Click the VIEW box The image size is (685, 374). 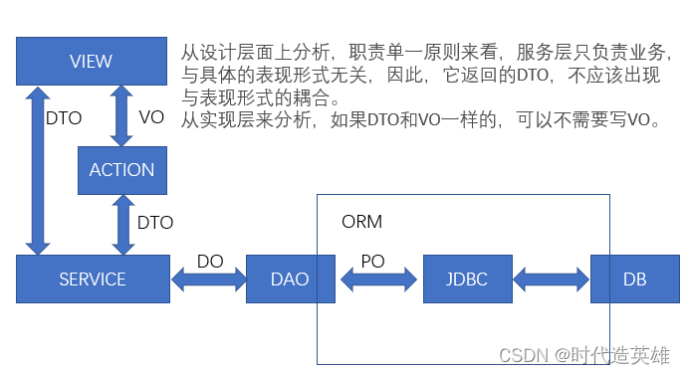[x=92, y=62]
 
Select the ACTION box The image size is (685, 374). [x=122, y=169]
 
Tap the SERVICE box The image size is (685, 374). [x=93, y=280]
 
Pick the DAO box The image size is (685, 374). [x=290, y=280]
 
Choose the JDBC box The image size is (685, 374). [x=467, y=280]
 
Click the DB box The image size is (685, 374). [x=634, y=280]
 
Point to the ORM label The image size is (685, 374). [x=361, y=221]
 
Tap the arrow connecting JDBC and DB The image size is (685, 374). [x=551, y=280]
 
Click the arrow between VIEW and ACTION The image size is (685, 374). [x=122, y=115]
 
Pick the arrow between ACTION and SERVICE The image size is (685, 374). [x=122, y=224]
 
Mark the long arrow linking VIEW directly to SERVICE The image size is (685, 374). [x=37, y=169]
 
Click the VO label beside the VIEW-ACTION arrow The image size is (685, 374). [x=151, y=116]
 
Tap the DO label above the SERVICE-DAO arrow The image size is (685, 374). [x=210, y=261]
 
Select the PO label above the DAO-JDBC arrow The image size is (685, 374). [x=372, y=260]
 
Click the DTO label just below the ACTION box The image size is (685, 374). [x=155, y=223]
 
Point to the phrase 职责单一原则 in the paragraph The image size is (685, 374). [x=397, y=52]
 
